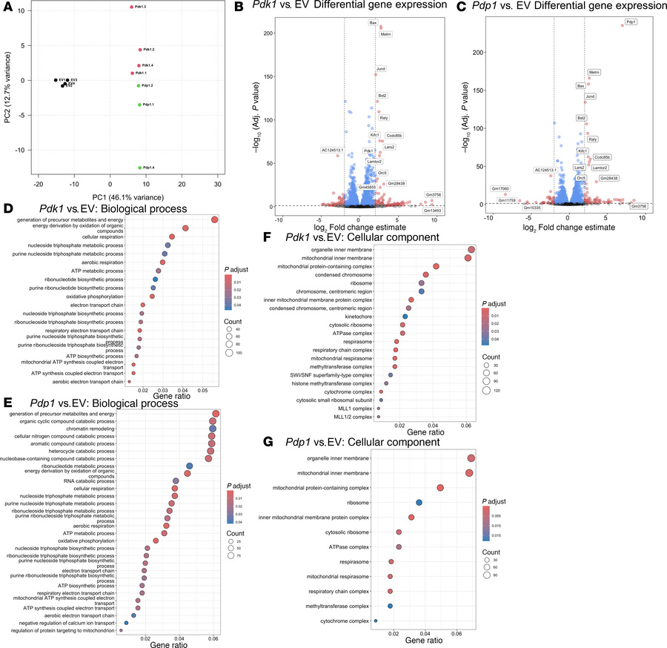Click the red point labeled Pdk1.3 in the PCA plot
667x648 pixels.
pos(131,7)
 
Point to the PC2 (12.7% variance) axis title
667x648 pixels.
pos(7,86)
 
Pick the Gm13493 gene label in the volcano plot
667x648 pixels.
pos(432,210)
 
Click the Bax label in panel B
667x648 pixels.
pos(373,23)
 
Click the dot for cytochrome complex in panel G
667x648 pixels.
pos(376,621)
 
